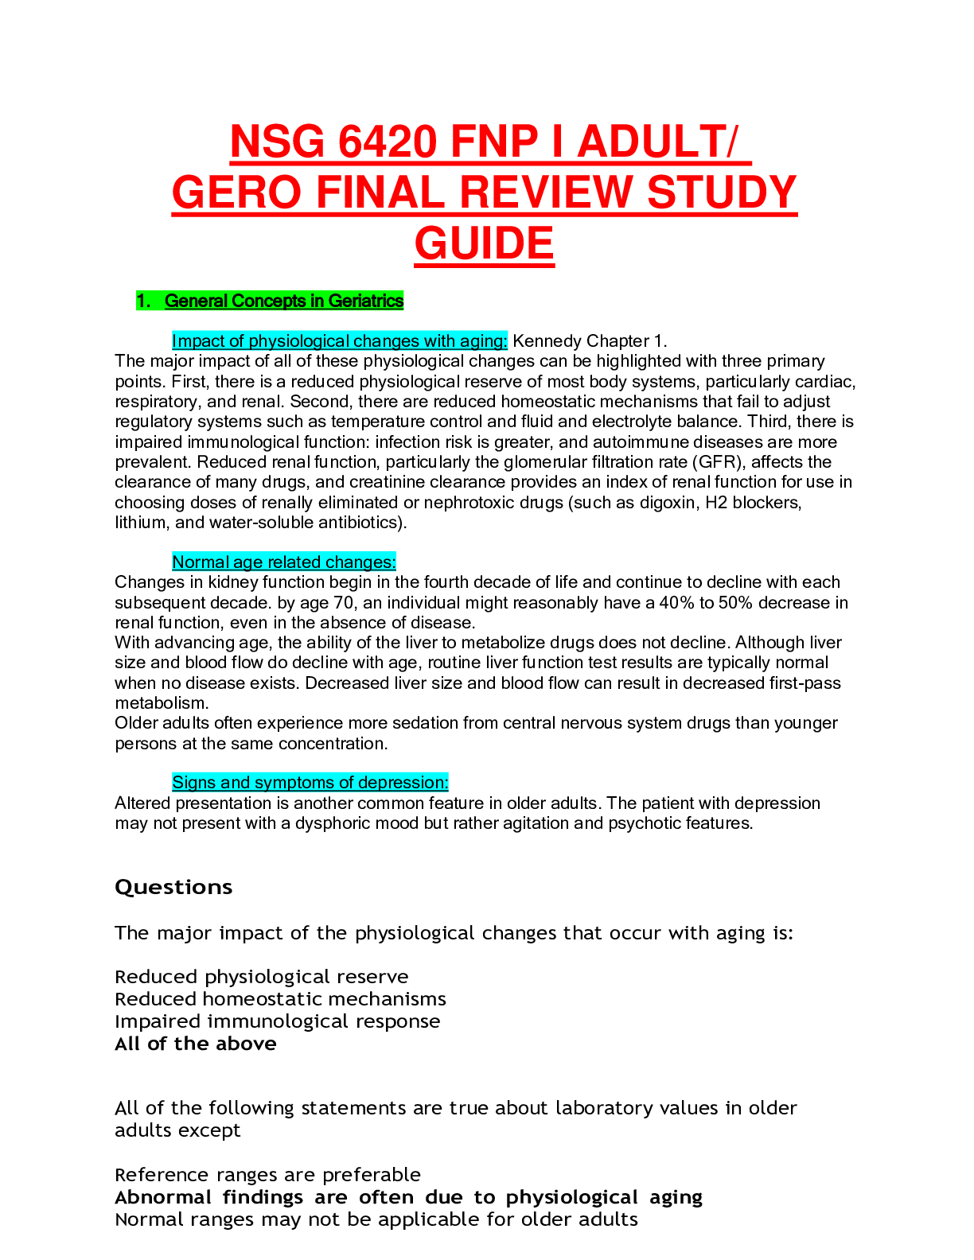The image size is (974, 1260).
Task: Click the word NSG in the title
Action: (x=276, y=142)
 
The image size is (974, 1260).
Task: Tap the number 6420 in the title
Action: (x=388, y=142)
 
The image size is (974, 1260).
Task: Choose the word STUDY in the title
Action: (x=722, y=193)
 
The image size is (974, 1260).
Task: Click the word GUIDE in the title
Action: (x=484, y=244)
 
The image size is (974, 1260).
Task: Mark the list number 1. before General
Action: (x=143, y=301)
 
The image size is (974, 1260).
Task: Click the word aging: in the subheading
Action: (x=484, y=341)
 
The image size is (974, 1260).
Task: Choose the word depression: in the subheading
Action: (x=403, y=783)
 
